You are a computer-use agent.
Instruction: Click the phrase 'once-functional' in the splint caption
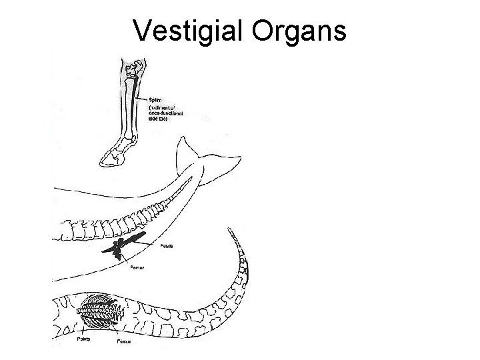pyautogui.click(x=166, y=114)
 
